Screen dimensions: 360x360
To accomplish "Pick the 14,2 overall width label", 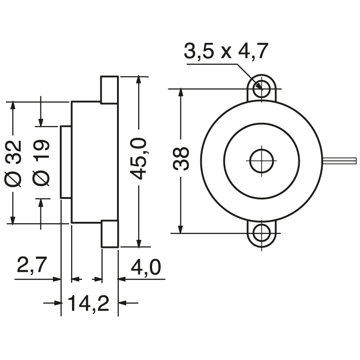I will (89, 304).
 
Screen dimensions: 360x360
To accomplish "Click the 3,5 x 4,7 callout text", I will (226, 52).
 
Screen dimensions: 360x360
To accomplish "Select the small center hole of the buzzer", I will (261, 161).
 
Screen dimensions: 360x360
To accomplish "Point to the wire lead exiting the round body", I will (339, 160).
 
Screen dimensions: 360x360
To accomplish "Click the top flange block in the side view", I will (109, 90).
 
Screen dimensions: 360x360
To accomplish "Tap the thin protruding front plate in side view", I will (66, 162).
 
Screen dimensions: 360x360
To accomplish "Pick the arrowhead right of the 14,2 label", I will (123, 303).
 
